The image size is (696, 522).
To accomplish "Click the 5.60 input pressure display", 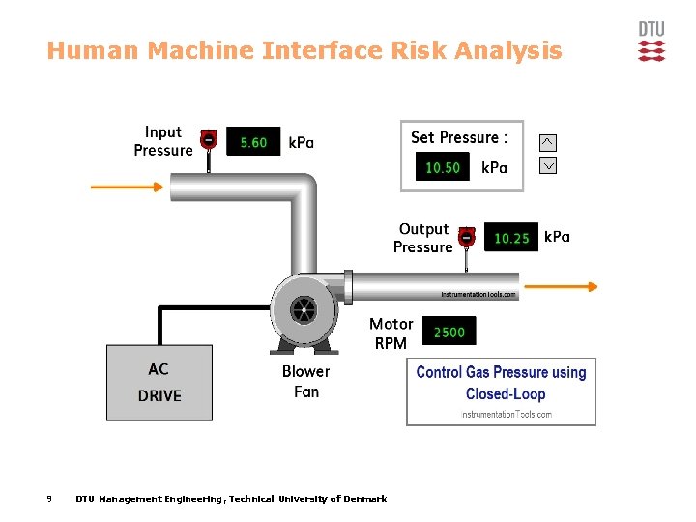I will click(253, 142).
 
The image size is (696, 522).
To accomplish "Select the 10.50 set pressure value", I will click(443, 167).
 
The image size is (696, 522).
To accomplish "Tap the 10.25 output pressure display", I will click(511, 238).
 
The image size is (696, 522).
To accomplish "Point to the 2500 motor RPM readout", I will click(449, 333).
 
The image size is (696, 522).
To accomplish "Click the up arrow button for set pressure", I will click(547, 142).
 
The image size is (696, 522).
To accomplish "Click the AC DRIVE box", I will click(159, 383).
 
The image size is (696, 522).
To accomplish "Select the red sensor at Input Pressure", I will click(207, 139).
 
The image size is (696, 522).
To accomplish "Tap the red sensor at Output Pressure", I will click(467, 236).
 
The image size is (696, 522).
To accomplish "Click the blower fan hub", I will click(303, 310).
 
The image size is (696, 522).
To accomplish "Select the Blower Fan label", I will click(305, 382).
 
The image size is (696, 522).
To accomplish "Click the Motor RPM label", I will click(391, 333).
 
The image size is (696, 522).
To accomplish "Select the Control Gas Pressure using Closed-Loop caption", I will click(501, 383).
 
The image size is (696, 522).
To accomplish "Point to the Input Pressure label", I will click(163, 141).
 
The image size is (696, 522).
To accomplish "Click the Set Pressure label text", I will click(459, 137).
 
